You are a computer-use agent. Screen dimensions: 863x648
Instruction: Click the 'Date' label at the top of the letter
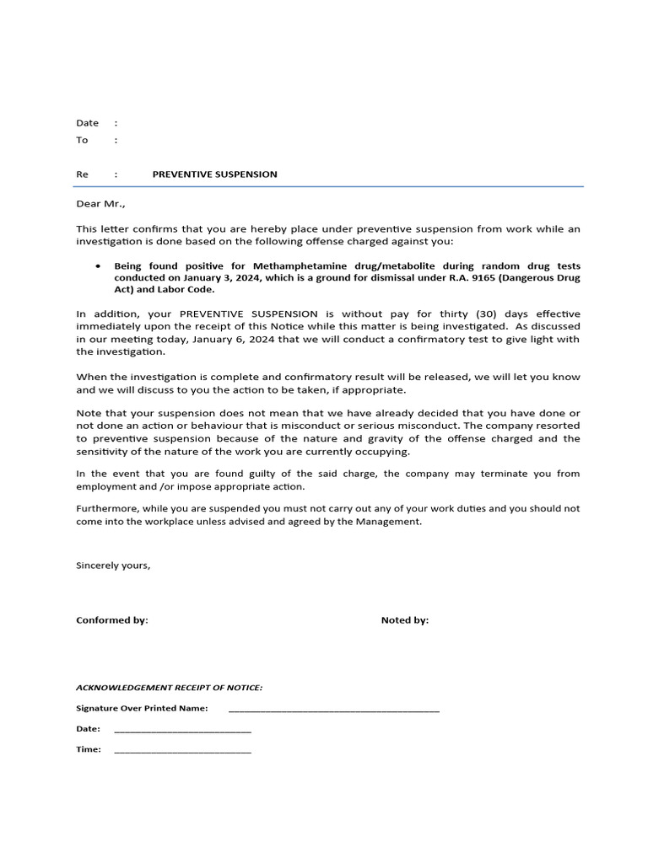[x=88, y=123]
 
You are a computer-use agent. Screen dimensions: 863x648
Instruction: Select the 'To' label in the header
[x=83, y=140]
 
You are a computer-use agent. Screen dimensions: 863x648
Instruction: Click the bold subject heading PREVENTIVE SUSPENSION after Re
[x=214, y=174]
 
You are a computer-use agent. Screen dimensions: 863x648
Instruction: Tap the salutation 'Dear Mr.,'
[x=100, y=203]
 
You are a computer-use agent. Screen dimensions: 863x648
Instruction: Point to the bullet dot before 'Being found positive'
[x=99, y=265]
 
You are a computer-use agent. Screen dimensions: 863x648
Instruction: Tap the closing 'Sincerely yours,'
[x=113, y=566]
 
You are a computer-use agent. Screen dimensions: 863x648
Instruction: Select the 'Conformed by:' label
[x=112, y=620]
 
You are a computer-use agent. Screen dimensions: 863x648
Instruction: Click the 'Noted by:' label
[x=405, y=620]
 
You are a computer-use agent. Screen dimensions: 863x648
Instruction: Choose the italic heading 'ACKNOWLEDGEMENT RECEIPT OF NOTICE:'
[x=169, y=688]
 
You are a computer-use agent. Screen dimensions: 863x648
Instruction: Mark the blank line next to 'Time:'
[x=182, y=750]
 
